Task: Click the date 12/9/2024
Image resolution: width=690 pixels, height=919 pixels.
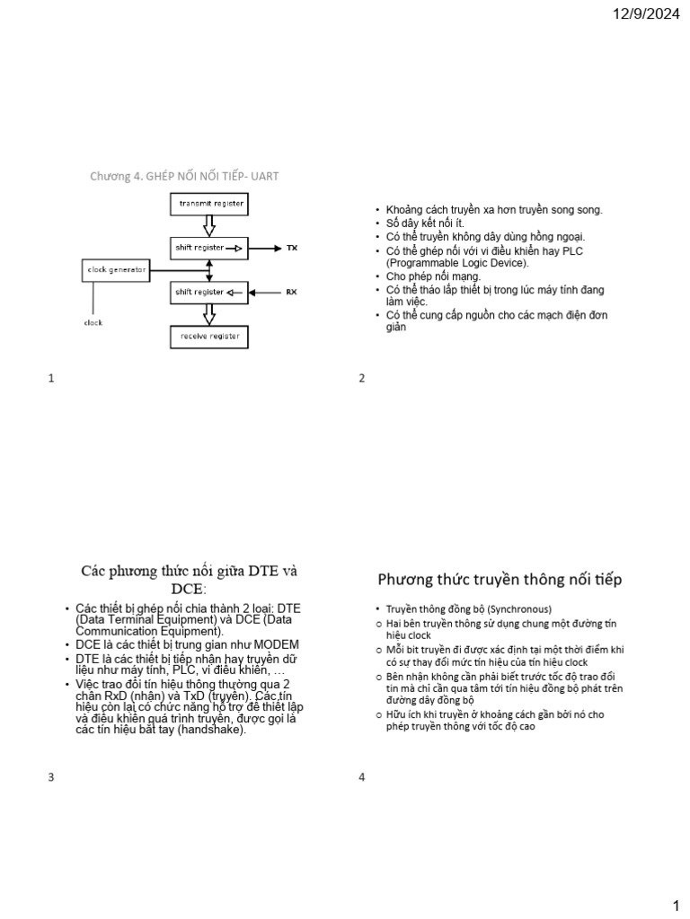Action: click(647, 14)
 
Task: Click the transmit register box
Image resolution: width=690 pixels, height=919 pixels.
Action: click(209, 204)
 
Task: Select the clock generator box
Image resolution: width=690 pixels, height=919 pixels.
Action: click(116, 269)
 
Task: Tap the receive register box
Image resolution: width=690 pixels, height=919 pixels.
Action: click(209, 337)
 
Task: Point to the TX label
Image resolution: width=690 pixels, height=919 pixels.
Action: click(291, 248)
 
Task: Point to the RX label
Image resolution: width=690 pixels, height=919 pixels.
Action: click(291, 292)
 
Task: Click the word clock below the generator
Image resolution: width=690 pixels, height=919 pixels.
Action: click(93, 322)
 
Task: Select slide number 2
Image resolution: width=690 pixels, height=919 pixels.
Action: click(362, 379)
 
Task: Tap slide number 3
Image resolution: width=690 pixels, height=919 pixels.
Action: click(51, 777)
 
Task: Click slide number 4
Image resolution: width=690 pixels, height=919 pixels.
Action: click(362, 777)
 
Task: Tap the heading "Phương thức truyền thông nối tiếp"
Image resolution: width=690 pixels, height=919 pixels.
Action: click(500, 579)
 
